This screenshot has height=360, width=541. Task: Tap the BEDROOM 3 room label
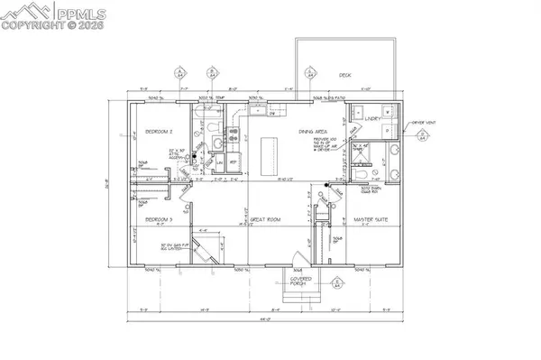158,220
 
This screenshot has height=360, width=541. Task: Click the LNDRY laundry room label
370,116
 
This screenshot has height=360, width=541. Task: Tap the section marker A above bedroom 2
180,70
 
